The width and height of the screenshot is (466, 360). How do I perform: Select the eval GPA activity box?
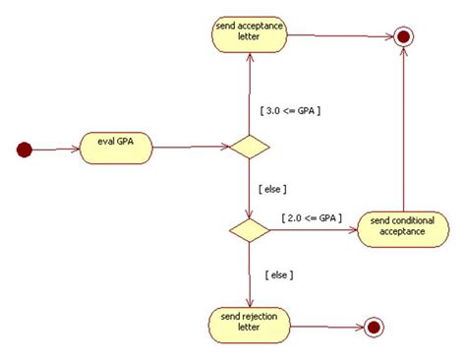117,145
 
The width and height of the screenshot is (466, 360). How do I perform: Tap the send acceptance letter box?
247,35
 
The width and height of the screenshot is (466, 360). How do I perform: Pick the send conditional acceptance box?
402,229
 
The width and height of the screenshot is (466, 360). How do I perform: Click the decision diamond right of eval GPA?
248,149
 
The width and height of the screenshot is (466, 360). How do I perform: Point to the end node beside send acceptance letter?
401,37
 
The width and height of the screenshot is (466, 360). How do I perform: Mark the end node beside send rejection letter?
373,327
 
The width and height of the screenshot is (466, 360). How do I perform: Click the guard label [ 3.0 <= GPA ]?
291,110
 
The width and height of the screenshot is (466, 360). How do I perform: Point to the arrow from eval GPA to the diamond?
189,149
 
